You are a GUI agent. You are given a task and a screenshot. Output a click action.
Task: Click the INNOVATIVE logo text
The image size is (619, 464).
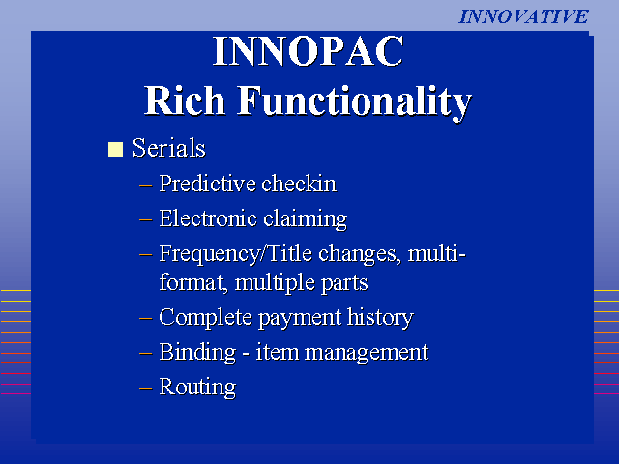(x=523, y=16)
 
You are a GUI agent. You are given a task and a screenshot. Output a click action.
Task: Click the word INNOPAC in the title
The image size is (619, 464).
(x=309, y=51)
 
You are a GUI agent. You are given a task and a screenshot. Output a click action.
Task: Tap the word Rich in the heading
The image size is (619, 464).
(x=185, y=101)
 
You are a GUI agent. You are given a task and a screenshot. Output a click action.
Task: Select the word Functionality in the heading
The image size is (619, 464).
(x=355, y=102)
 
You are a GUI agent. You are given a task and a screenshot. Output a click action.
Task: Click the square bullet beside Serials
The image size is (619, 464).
(x=115, y=149)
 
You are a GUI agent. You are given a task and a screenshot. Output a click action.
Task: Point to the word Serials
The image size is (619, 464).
(x=169, y=148)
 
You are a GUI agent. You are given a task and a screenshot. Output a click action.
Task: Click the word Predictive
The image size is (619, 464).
(x=207, y=184)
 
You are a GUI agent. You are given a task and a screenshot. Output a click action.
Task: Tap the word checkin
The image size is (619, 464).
(x=299, y=184)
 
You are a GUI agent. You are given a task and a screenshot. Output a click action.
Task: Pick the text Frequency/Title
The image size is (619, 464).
(x=236, y=253)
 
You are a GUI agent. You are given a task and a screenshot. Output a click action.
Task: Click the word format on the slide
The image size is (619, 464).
(x=193, y=283)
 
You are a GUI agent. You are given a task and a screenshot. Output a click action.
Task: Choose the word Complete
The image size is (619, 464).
(x=205, y=318)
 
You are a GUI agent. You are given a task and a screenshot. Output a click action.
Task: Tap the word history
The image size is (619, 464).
(x=380, y=318)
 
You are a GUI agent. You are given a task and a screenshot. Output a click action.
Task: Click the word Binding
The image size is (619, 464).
(x=197, y=352)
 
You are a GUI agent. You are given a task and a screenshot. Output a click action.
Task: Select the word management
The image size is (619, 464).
(x=367, y=353)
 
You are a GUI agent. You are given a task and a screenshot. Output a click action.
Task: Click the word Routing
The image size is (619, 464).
(x=197, y=387)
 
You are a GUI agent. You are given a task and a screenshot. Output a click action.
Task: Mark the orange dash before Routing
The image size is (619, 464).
(x=146, y=388)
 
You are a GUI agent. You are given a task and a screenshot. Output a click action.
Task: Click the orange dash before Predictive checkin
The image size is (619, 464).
(x=146, y=185)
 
